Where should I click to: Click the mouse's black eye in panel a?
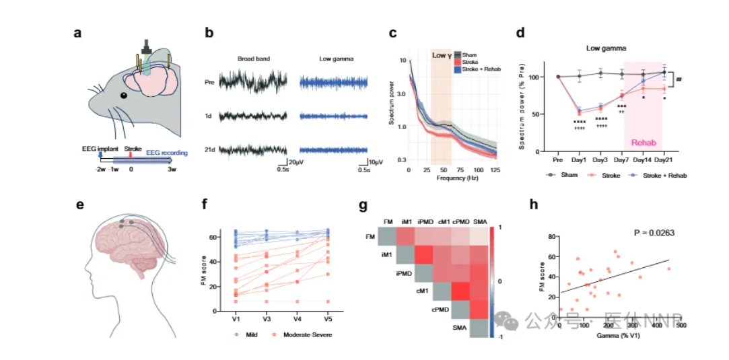pyautogui.click(x=124, y=95)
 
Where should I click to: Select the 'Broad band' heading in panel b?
pyautogui.click(x=253, y=59)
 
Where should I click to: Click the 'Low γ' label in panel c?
pyautogui.click(x=441, y=56)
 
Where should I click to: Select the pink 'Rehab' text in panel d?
pyautogui.click(x=643, y=143)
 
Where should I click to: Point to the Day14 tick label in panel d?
pyautogui.click(x=643, y=161)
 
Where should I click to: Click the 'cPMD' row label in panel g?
pyautogui.click(x=440, y=310)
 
